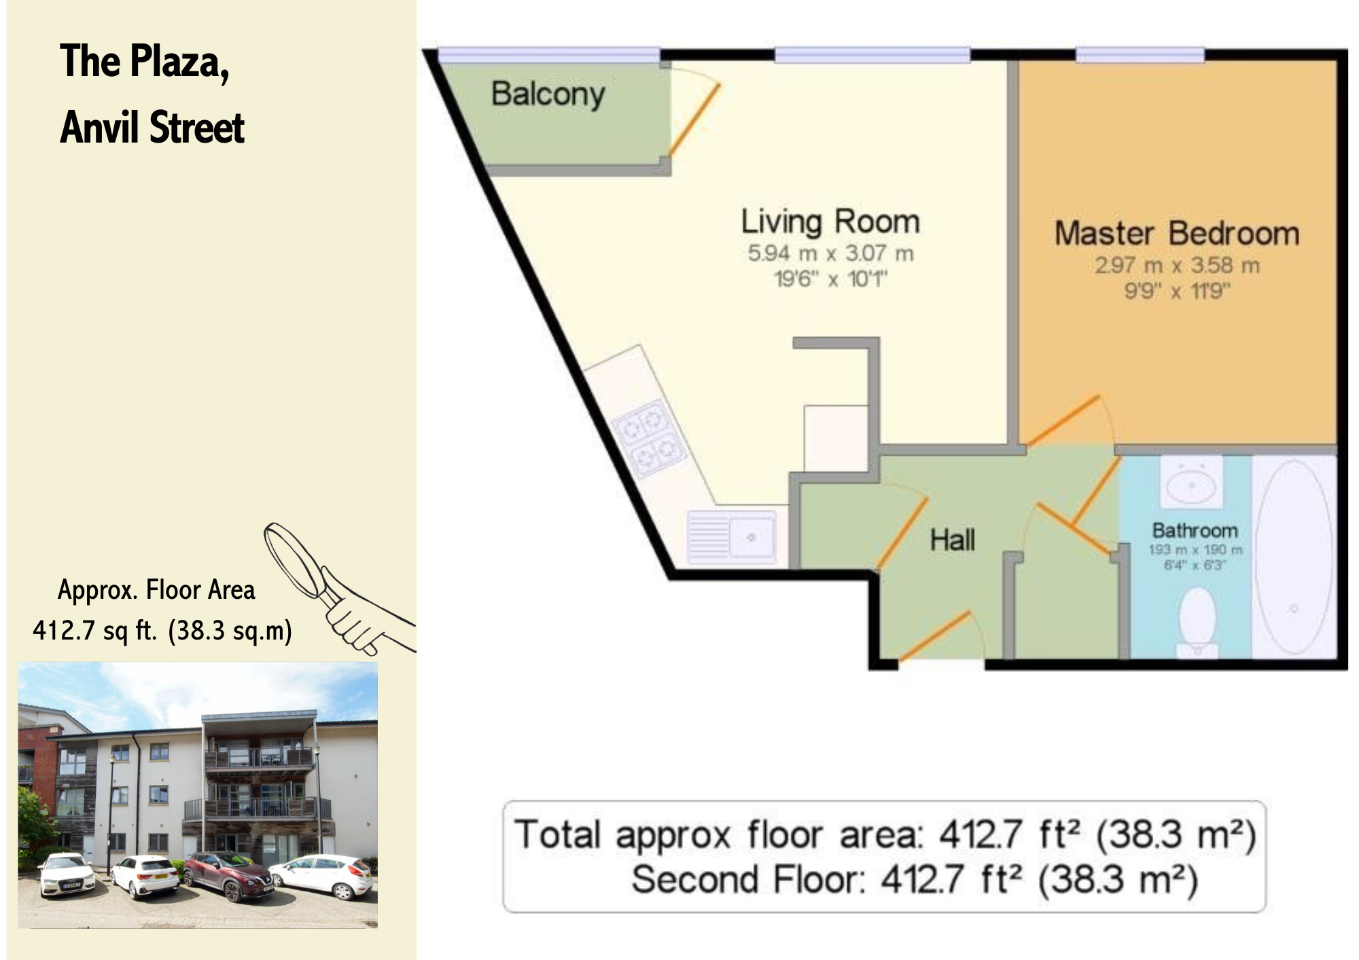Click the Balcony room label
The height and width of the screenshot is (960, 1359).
coord(548,94)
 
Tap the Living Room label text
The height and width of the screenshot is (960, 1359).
coord(830,222)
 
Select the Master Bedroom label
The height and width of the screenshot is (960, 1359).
coord(1177,234)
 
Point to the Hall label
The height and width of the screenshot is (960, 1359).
coord(953,540)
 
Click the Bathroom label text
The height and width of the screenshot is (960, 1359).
coord(1195,530)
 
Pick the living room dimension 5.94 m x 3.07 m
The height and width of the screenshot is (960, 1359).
coord(830,253)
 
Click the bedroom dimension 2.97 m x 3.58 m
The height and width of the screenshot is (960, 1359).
coord(1177,265)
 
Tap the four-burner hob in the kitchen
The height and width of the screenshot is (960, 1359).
coord(649,436)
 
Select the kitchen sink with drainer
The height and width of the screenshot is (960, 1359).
coord(733,536)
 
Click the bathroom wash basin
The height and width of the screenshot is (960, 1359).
coord(1191,482)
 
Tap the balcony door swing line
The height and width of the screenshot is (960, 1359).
coord(694,119)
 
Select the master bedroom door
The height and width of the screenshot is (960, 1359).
coord(1063,420)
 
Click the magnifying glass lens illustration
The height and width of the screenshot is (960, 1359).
coord(292,559)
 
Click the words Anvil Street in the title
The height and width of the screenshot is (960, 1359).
coord(152,128)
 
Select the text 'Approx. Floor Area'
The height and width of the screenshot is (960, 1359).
coord(156,590)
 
